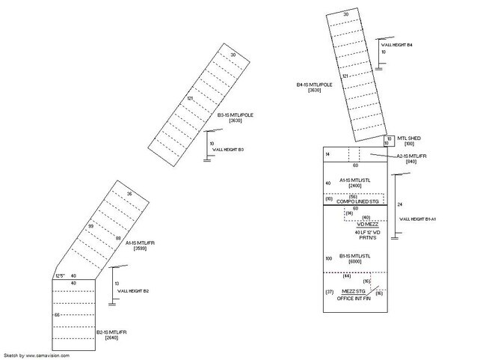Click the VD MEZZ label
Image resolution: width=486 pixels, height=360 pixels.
367,223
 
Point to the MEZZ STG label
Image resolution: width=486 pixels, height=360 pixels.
354,292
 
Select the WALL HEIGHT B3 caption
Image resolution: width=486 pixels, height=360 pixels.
228,150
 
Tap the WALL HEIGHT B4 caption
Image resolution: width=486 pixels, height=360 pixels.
398,46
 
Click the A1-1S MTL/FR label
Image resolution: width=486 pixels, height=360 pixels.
139,242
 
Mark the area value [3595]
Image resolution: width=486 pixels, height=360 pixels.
139,248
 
